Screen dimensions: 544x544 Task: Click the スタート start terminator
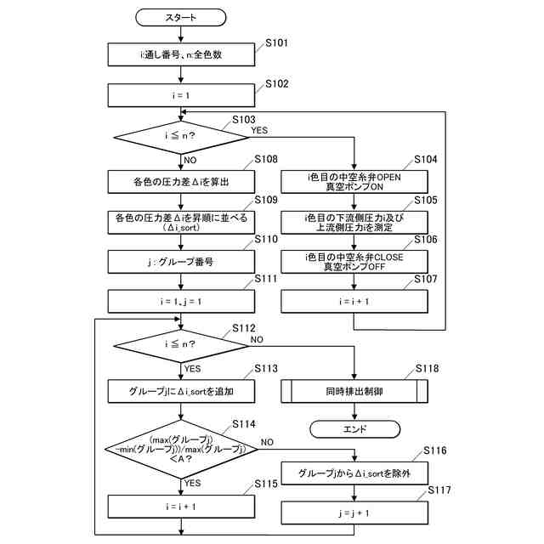click(x=180, y=17)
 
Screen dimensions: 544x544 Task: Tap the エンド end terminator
click(x=354, y=429)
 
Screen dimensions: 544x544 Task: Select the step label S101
click(x=276, y=43)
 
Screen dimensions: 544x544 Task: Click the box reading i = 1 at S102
click(x=181, y=95)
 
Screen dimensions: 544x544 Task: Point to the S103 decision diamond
click(x=181, y=137)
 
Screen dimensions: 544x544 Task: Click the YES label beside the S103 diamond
click(x=259, y=130)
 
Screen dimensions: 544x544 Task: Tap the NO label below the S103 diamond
click(x=190, y=161)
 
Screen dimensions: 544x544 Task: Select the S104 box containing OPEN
click(x=354, y=182)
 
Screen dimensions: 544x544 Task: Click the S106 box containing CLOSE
click(x=354, y=262)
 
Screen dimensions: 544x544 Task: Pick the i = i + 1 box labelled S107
click(x=354, y=302)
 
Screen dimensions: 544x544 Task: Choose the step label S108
click(x=266, y=159)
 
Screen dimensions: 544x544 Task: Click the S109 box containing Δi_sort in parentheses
click(x=181, y=223)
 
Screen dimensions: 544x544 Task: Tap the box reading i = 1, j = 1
click(x=181, y=302)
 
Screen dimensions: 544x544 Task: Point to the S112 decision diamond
click(x=181, y=346)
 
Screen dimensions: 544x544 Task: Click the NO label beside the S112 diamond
click(x=257, y=340)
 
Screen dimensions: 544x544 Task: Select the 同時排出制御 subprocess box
click(x=354, y=391)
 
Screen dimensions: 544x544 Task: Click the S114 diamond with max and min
click(x=181, y=450)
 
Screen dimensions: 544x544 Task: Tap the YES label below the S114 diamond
click(x=193, y=483)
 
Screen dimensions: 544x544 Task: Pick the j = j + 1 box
click(x=354, y=513)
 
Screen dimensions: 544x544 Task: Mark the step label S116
click(x=435, y=450)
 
